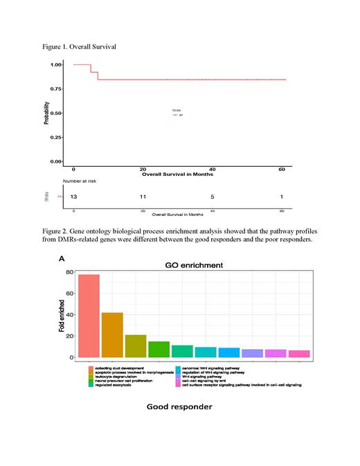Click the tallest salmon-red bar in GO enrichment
click(89, 316)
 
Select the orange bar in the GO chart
click(112, 335)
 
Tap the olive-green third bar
click(136, 346)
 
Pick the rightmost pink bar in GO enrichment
click(299, 353)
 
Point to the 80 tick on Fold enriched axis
click(69, 272)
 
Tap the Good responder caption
click(179, 406)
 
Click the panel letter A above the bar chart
click(62, 259)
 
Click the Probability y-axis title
click(46, 113)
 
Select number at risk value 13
click(74, 197)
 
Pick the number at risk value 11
click(143, 197)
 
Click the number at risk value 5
click(213, 197)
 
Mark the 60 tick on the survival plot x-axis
click(282, 169)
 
